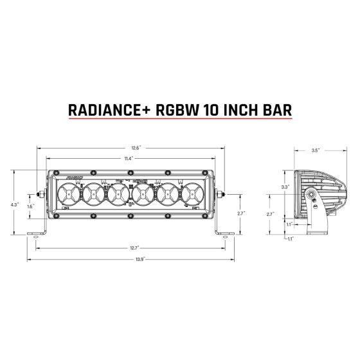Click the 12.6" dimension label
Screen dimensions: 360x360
pyautogui.click(x=130, y=147)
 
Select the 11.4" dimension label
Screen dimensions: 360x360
pyautogui.click(x=130, y=157)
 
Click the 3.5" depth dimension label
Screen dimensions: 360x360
pyautogui.click(x=315, y=150)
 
